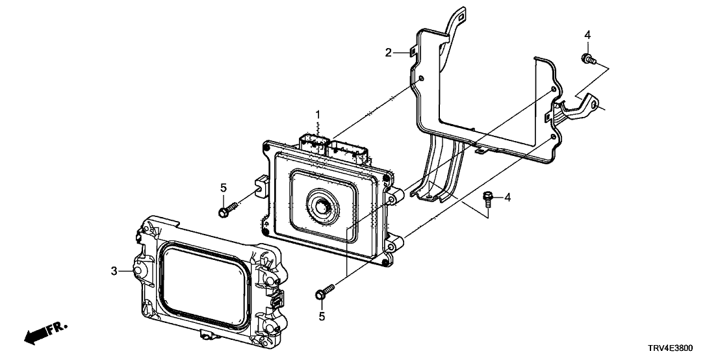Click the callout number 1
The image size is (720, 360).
click(318, 114)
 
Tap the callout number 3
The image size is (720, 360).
click(114, 271)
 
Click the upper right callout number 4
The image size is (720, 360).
click(587, 35)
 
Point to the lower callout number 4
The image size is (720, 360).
click(508, 198)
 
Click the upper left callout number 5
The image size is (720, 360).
click(223, 188)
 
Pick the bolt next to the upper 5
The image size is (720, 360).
click(227, 209)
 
